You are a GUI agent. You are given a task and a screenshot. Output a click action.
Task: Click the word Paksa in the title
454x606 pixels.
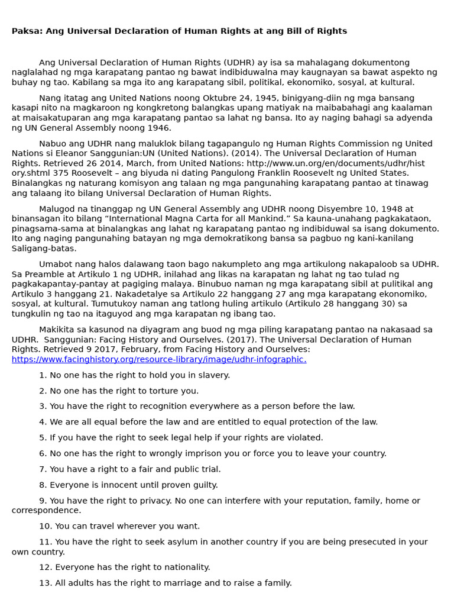(25, 31)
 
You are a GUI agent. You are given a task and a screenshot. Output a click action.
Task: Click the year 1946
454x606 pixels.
(158, 128)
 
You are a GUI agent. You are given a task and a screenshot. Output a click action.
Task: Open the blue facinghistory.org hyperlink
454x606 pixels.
(158, 359)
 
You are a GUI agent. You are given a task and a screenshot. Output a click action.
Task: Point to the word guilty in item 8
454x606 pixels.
(203, 485)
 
